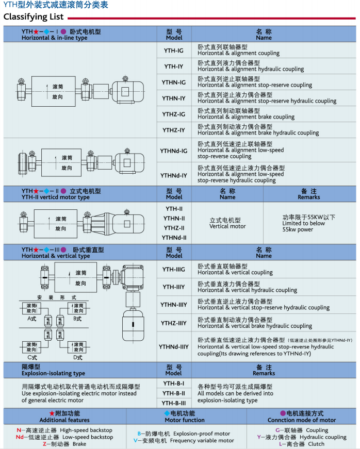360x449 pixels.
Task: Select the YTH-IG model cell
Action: coord(174,51)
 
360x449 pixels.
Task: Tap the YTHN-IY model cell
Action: coord(174,98)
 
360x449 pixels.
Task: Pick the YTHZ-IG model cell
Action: coord(174,114)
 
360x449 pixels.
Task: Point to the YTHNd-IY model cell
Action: coord(174,175)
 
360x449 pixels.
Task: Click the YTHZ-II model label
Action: coord(174,228)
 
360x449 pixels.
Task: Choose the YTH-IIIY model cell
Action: coord(174,287)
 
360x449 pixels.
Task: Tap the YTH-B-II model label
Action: coord(174,393)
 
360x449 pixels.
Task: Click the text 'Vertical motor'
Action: coord(226,226)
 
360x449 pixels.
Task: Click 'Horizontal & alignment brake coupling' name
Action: coord(246,117)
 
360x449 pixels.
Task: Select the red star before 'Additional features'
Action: coord(52,413)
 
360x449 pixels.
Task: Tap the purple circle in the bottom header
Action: coord(283,413)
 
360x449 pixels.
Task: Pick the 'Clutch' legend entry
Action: coord(316,444)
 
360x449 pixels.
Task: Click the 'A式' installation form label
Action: coord(32,319)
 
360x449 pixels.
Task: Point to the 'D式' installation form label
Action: coord(77,357)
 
